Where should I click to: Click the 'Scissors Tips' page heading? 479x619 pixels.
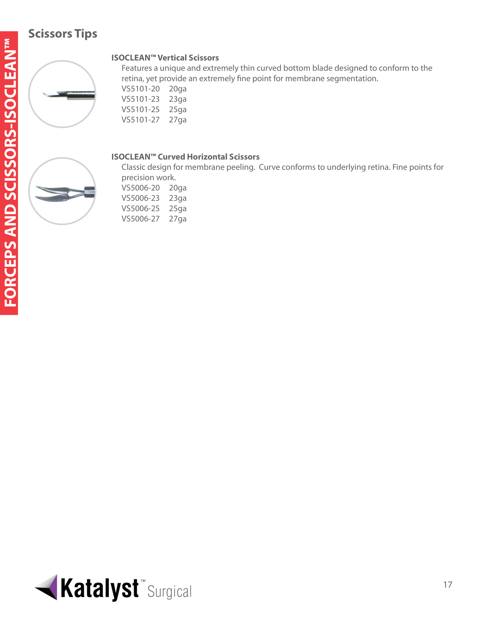(x=63, y=34)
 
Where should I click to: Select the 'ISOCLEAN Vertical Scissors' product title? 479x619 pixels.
(x=165, y=58)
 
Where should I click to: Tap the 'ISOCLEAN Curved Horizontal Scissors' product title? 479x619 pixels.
(x=185, y=157)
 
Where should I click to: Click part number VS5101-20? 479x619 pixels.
(x=141, y=89)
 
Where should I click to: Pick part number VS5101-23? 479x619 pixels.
(x=141, y=99)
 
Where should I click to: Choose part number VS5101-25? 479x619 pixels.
(x=141, y=109)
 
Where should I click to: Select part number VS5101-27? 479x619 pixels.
(x=141, y=120)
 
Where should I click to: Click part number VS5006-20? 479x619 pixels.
(x=141, y=188)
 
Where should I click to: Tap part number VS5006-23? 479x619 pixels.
(x=141, y=198)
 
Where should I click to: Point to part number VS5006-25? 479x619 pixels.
(x=141, y=208)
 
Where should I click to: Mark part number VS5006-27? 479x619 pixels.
(x=141, y=219)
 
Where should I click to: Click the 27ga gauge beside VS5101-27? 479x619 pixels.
(x=178, y=120)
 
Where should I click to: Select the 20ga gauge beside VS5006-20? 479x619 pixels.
(x=178, y=188)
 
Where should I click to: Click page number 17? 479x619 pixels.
(x=447, y=585)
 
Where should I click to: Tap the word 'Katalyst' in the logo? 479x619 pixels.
(x=99, y=589)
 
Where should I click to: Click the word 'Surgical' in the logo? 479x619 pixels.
(x=169, y=592)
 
